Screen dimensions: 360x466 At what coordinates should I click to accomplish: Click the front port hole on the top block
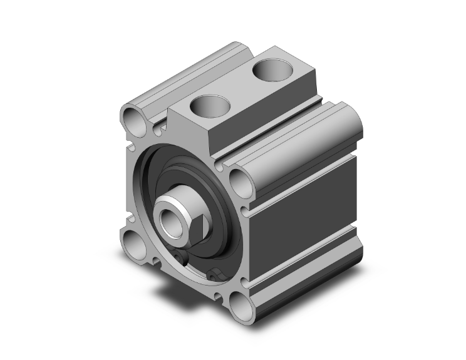tap(209, 105)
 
